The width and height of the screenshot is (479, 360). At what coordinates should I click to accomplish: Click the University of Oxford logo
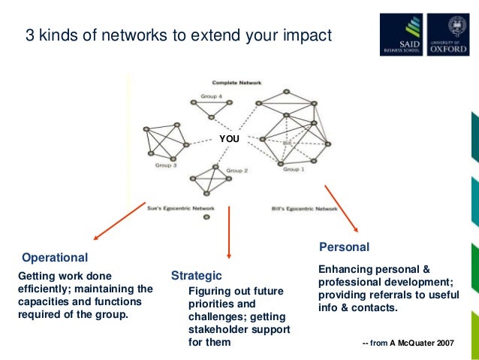(448, 35)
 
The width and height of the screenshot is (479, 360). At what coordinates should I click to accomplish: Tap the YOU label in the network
(229, 139)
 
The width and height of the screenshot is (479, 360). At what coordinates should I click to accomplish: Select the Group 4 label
(211, 96)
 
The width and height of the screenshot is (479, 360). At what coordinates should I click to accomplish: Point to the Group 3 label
(166, 165)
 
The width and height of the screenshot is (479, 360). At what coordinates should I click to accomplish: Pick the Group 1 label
(294, 170)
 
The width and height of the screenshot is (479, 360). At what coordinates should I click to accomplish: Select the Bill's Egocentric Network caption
(303, 208)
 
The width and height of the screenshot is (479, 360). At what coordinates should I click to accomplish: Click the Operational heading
(55, 257)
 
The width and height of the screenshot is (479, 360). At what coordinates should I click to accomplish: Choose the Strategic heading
(197, 275)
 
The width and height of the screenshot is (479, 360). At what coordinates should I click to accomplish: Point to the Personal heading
(344, 247)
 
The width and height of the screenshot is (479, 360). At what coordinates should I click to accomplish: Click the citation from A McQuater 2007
(408, 343)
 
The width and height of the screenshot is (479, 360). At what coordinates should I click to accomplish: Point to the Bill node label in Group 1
(288, 143)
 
